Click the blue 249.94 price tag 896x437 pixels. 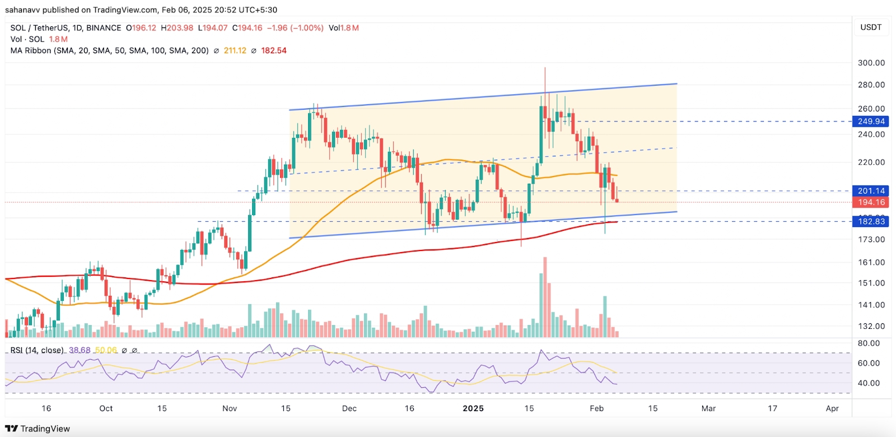(871, 122)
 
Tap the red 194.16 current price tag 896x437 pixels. (871, 202)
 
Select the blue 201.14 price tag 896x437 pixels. (871, 191)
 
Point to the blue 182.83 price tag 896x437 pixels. (871, 221)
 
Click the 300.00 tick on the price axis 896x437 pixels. (871, 63)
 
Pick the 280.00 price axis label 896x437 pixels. (871, 85)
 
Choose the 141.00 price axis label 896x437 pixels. (871, 305)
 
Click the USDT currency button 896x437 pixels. (871, 27)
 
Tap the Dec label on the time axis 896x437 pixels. (349, 408)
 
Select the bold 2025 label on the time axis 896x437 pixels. (473, 408)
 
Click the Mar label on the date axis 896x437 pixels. (708, 408)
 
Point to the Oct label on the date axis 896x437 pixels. (106, 408)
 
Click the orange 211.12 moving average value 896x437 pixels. (235, 50)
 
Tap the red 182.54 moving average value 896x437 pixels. (274, 50)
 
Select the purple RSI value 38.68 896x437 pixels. (80, 350)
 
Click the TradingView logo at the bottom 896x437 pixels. (38, 429)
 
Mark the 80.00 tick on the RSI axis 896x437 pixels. (868, 343)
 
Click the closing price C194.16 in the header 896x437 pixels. (247, 28)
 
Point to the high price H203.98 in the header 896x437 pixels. (177, 28)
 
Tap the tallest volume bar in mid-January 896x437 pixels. (545, 297)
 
